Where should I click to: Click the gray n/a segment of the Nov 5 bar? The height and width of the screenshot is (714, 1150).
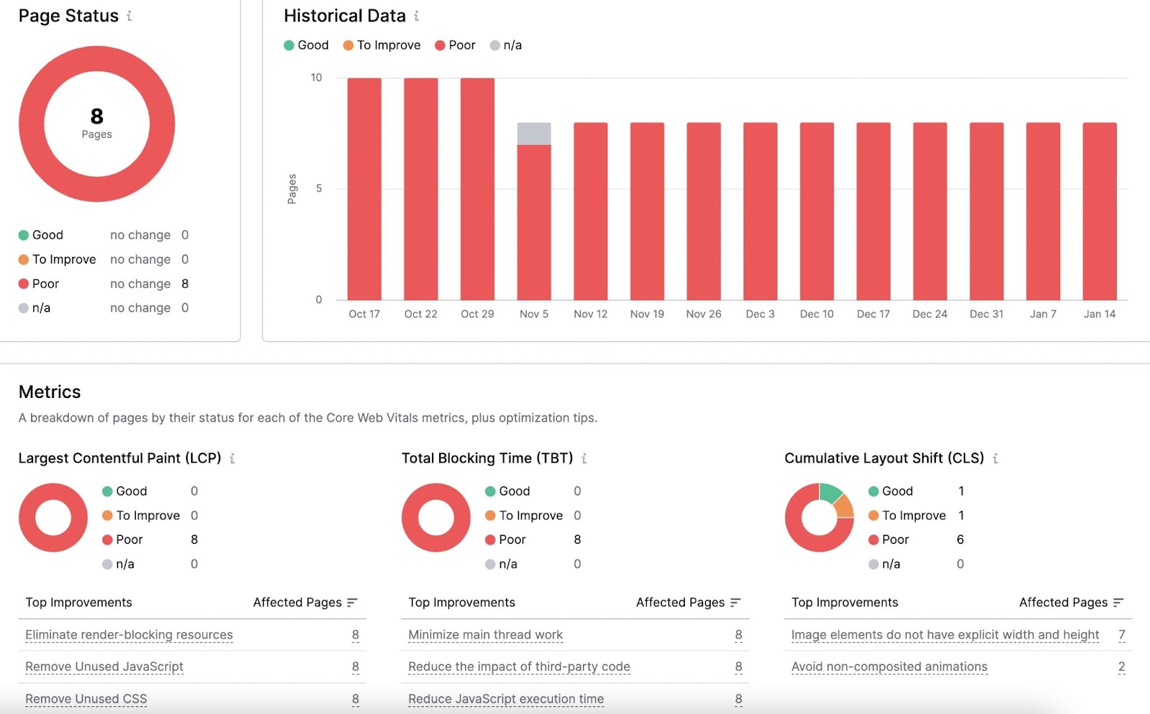pos(534,134)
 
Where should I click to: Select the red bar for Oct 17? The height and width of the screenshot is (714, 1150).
pos(364,189)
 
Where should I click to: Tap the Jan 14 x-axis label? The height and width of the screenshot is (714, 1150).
pos(1099,314)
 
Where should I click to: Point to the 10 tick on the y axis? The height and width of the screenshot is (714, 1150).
pos(316,78)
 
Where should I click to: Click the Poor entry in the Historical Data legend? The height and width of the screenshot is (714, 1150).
pos(455,45)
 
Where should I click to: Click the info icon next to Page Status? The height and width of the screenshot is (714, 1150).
pos(129,16)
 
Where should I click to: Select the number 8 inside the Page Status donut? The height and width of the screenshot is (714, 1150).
pos(97,116)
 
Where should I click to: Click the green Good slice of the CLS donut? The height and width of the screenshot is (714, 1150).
pos(830,492)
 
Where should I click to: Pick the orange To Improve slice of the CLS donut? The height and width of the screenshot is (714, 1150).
pos(845,507)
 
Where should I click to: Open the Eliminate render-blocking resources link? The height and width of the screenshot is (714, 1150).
pos(129,635)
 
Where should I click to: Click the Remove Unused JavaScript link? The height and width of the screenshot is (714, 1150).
pos(104,667)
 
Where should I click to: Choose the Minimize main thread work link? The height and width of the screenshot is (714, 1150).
pos(485,635)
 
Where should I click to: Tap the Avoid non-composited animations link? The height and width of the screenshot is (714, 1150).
pos(889,667)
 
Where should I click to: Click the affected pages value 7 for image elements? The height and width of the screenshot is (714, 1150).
pos(1121,635)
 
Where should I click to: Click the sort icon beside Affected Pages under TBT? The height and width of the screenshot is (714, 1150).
pos(735,603)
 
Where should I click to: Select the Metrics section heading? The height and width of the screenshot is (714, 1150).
pos(50,391)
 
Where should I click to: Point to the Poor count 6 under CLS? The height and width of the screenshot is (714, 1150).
pos(960,539)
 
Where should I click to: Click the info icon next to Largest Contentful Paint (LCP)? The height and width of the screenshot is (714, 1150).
pos(232,458)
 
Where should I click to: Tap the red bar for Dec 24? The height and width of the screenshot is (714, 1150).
pos(930,211)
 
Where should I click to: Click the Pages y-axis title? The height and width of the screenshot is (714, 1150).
pos(292,189)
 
